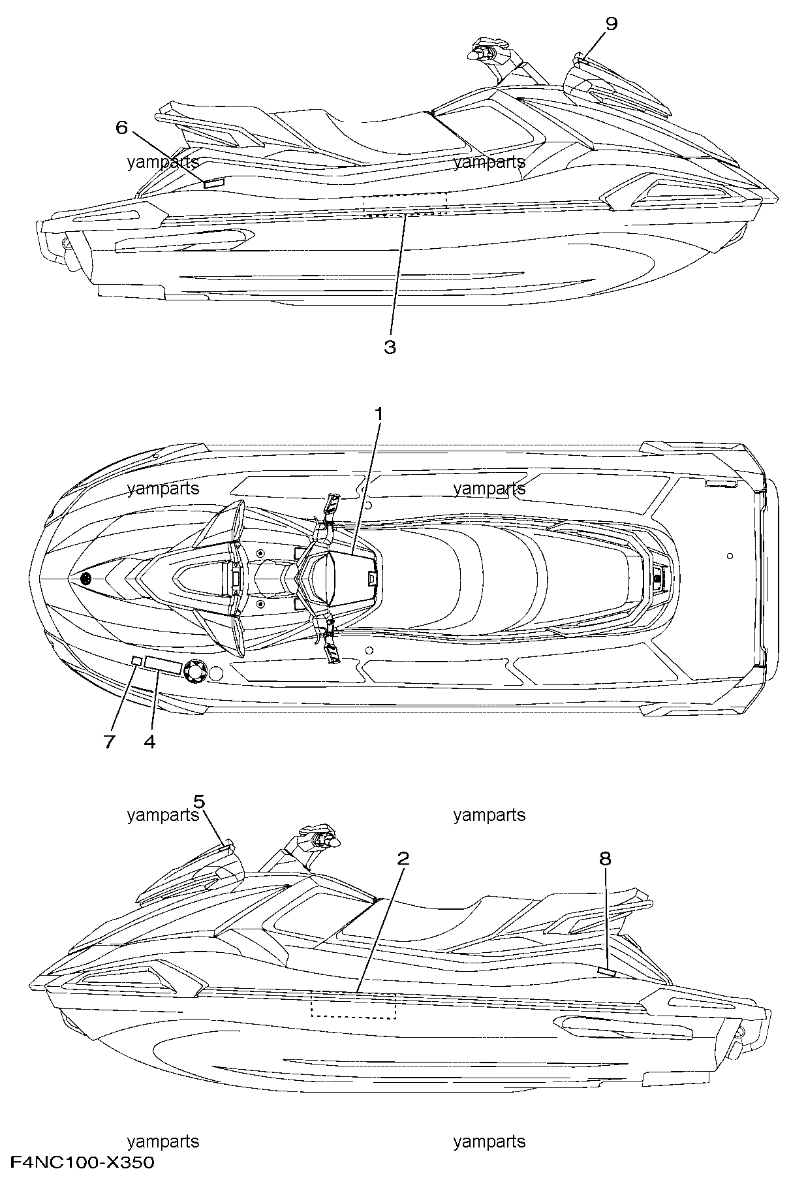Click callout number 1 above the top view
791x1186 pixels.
378,414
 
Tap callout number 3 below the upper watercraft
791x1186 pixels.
390,347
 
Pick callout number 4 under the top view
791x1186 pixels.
149,742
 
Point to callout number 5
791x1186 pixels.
200,801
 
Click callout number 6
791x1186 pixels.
122,127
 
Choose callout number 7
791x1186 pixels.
109,742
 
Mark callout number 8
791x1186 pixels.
605,858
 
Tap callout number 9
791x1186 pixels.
611,24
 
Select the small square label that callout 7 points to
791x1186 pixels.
137,662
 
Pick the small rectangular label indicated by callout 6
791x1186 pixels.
213,184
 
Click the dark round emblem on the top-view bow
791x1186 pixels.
85,579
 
